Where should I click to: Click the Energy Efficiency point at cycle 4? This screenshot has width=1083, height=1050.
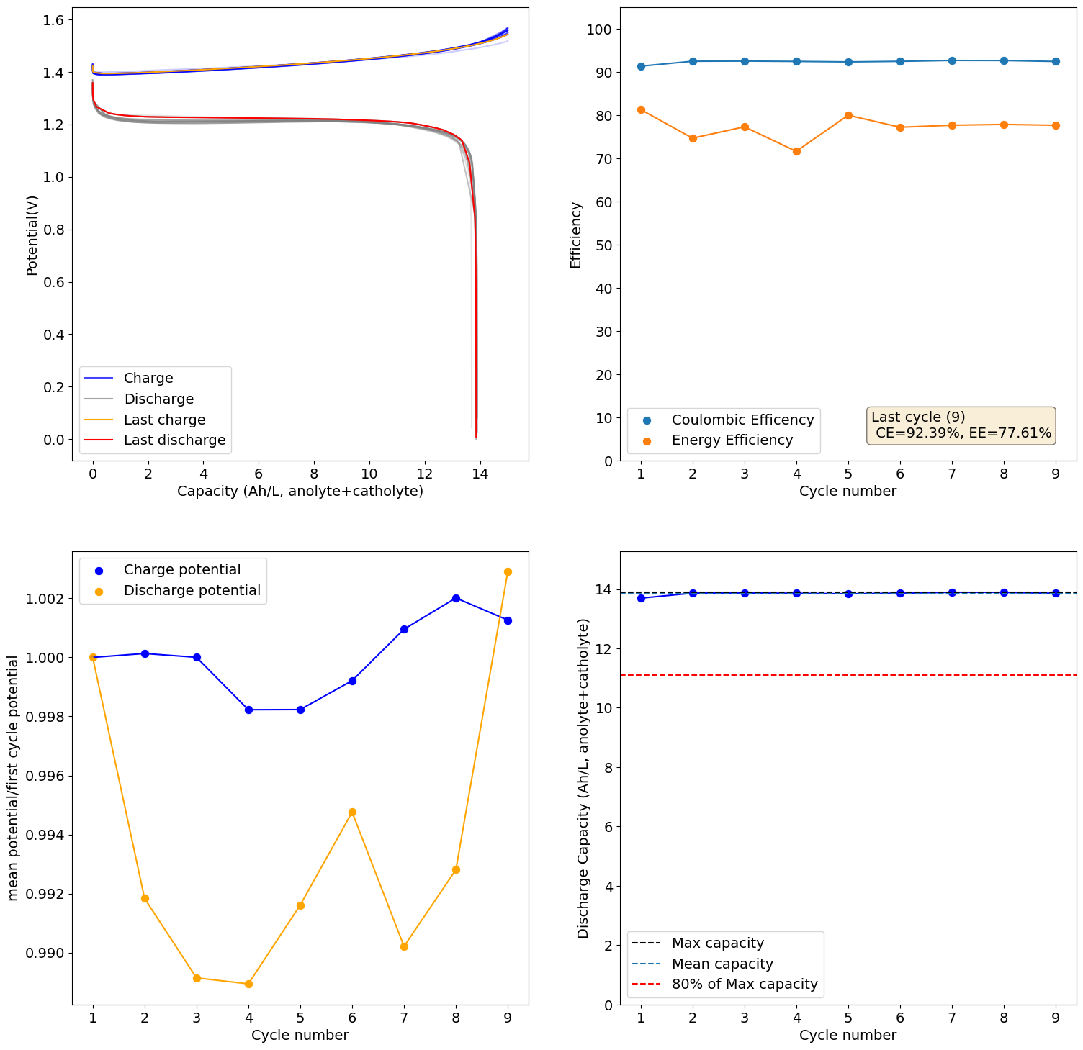tap(796, 151)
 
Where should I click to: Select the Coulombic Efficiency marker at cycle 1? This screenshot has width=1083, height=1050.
tap(641, 66)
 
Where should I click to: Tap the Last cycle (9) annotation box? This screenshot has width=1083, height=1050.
tap(961, 425)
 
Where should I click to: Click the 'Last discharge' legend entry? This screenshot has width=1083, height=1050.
tap(174, 440)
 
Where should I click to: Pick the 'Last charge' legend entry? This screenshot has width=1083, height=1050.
tap(164, 420)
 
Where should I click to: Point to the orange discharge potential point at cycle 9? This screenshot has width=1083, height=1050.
tap(508, 571)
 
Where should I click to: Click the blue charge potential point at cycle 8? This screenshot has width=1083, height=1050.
tap(456, 598)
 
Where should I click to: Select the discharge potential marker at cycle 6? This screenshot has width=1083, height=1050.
tap(352, 812)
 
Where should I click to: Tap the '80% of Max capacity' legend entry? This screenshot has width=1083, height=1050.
tap(745, 985)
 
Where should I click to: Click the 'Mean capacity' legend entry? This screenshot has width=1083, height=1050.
tap(722, 964)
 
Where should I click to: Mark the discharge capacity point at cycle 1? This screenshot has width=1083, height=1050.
tap(641, 598)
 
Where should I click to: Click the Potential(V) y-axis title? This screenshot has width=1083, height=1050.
tap(32, 235)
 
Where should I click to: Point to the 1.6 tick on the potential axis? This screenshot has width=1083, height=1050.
tap(52, 20)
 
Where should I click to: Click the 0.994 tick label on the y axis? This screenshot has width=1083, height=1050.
tap(45, 836)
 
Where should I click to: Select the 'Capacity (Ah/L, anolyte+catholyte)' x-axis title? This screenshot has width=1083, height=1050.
tap(300, 491)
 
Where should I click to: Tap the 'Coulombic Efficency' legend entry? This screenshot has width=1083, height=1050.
tap(742, 420)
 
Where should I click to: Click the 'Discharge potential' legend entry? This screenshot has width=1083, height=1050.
tap(192, 590)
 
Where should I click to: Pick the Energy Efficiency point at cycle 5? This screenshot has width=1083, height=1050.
tap(848, 115)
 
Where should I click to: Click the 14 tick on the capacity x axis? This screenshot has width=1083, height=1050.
tap(480, 474)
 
